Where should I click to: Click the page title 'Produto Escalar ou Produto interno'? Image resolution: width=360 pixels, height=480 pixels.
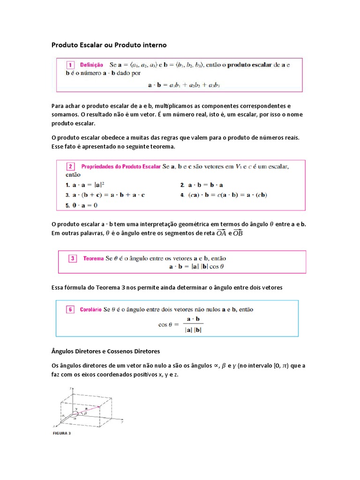(x=108, y=45)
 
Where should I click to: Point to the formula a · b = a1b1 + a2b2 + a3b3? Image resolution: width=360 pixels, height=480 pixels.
(x=184, y=85)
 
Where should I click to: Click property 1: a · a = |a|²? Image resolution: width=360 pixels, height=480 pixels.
(x=84, y=185)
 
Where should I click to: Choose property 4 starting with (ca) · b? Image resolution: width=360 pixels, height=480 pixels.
(x=225, y=195)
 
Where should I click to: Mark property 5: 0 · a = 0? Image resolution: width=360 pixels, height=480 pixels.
(x=81, y=205)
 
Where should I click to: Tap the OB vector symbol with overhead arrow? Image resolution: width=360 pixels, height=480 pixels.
(x=238, y=233)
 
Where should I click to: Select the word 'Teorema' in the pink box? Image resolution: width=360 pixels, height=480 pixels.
(x=93, y=258)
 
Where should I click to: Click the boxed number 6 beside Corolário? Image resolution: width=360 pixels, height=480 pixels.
(x=69, y=309)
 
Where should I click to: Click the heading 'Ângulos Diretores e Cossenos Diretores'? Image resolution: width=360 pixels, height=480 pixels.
(x=105, y=351)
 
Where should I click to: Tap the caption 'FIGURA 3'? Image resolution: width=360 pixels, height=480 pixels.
(x=61, y=433)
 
